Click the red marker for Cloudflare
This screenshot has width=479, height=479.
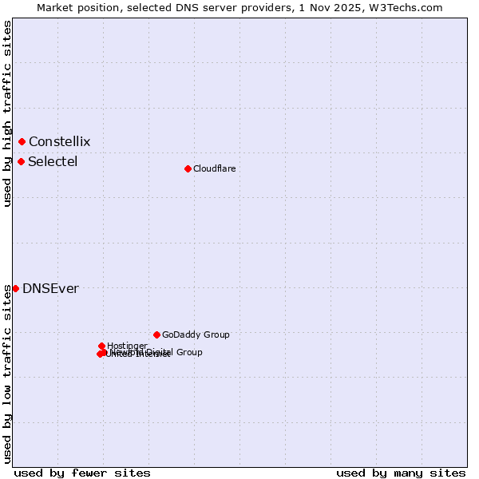[x=188, y=168]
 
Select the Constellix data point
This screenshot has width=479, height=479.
[x=22, y=141]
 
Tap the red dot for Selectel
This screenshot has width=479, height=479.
[x=21, y=161]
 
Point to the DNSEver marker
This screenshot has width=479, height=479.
[x=15, y=288]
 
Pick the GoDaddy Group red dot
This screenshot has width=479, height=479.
[x=156, y=335]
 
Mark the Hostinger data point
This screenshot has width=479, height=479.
[x=101, y=346]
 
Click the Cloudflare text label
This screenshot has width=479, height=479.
[x=214, y=168]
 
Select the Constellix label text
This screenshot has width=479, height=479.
[x=59, y=141]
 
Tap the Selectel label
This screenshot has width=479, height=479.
[x=53, y=161]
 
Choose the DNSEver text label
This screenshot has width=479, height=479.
[x=50, y=288]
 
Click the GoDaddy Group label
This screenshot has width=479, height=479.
[x=196, y=335]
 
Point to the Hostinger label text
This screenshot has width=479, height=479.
[x=127, y=346]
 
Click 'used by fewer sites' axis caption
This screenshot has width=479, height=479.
[x=82, y=473]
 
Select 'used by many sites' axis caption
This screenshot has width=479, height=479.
[x=401, y=473]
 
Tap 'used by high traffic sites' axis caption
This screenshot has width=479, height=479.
[x=8, y=113]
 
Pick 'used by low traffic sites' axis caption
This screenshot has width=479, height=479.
[x=8, y=373]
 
